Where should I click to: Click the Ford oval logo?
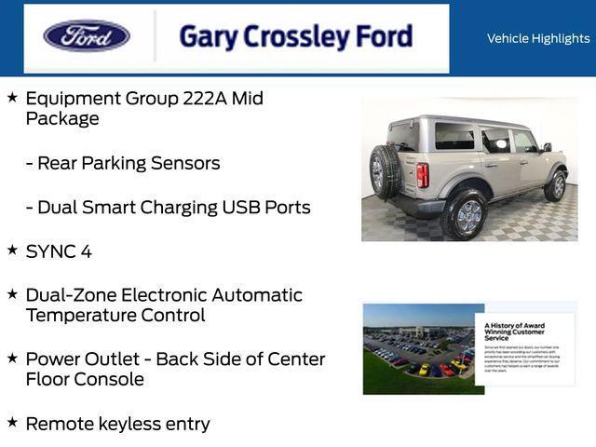(x=87, y=36)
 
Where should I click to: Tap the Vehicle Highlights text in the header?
(x=537, y=38)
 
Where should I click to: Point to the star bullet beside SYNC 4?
(x=12, y=250)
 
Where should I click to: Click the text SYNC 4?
(x=59, y=251)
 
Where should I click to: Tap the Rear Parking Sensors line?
(x=123, y=163)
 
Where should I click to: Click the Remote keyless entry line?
(x=117, y=424)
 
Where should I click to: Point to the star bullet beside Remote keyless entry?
(x=12, y=422)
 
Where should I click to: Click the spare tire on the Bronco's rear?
(x=385, y=171)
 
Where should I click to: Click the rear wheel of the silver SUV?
(x=467, y=215)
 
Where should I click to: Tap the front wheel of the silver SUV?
(x=556, y=183)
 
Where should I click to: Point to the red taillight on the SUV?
(x=423, y=175)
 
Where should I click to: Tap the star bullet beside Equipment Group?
(x=12, y=97)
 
